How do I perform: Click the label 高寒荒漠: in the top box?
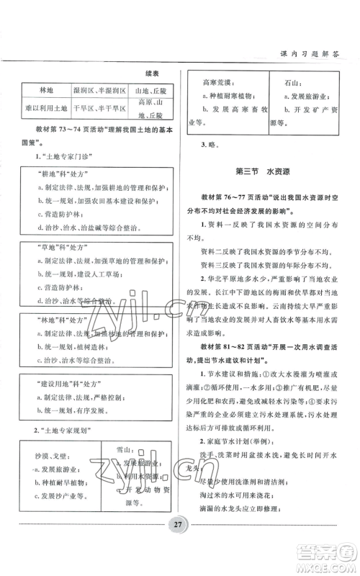(217, 82)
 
